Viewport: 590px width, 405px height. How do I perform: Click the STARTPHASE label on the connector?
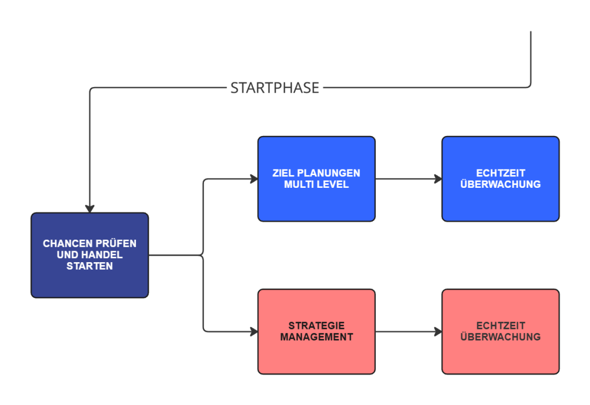[x=274, y=88]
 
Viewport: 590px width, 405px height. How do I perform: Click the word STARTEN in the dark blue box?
[x=89, y=266]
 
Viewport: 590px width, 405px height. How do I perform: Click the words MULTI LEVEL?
[x=316, y=185]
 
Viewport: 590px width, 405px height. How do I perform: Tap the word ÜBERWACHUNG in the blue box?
[x=500, y=185]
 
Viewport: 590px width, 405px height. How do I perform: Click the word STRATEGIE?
[x=316, y=326]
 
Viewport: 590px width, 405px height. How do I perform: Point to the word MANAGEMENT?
[x=316, y=337]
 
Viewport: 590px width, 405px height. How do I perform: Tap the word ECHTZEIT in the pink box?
[x=500, y=326]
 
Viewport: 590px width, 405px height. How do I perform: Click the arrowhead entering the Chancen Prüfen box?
[x=89, y=208]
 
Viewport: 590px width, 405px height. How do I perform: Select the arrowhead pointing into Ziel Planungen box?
[x=253, y=179]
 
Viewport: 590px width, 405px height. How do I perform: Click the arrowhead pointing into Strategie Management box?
[x=253, y=332]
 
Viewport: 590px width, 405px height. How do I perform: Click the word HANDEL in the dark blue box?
[x=103, y=255]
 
